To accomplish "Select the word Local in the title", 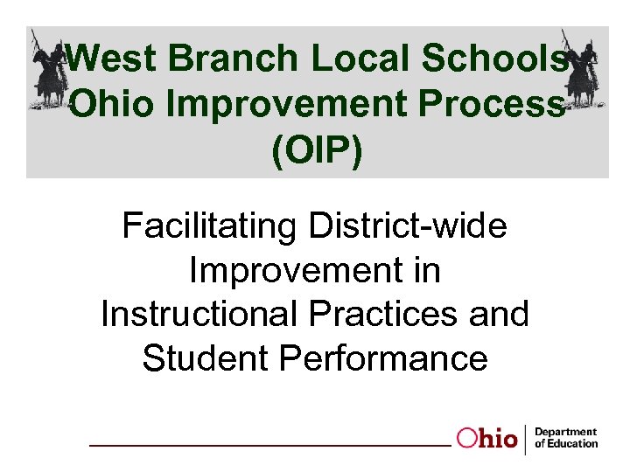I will pyautogui.click(x=356, y=59).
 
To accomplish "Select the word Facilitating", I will pyautogui.click(x=210, y=226).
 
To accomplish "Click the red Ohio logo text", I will pyautogui.click(x=487, y=439).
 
